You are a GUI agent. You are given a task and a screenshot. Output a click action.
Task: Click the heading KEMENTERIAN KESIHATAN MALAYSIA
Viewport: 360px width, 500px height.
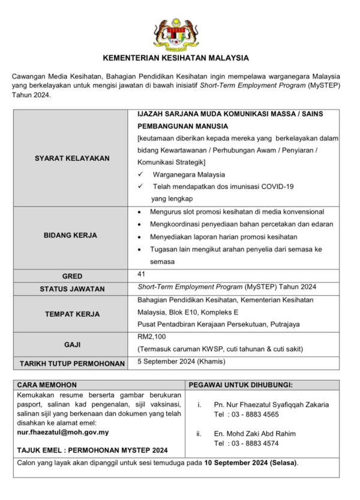point(176,58)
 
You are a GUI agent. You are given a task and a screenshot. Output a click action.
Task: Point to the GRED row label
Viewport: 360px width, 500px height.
point(72,276)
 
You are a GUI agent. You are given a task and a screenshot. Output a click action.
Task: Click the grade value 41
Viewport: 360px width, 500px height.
point(141,274)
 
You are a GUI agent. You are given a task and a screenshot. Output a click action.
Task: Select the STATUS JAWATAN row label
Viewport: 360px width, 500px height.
point(72,289)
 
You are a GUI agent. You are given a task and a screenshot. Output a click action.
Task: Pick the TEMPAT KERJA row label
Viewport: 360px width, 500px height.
point(72,313)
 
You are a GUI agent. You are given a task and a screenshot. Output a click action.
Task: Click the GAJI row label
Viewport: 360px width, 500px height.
point(72,345)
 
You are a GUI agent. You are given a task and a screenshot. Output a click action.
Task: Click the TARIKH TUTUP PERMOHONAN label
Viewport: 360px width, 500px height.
point(72,363)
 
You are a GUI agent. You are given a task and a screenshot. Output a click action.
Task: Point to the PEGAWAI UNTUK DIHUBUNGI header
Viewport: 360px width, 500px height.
point(241,384)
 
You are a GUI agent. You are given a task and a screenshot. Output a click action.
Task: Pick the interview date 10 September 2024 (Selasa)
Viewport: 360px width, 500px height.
point(250,463)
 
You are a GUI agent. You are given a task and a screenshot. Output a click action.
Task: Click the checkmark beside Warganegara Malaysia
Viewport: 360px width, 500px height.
point(140,175)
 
